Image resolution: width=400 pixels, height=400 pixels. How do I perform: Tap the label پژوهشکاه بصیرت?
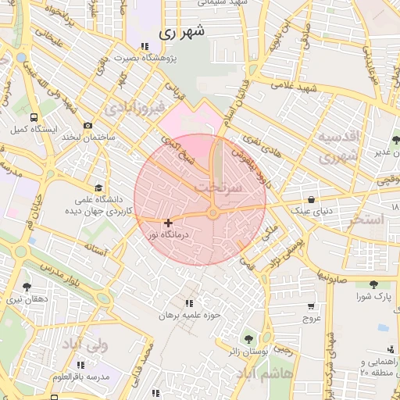coord(148,58)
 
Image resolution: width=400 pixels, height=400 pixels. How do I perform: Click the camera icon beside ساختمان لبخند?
coord(87,125)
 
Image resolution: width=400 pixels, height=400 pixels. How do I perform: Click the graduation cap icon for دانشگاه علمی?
coord(98,188)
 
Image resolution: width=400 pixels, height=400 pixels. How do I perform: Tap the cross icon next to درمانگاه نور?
coord(168,223)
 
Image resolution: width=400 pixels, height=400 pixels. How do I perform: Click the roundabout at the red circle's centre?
coord(212,214)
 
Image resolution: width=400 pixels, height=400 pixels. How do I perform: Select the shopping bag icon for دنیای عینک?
coord(312,199)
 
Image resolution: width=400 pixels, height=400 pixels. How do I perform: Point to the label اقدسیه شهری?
coord(339,145)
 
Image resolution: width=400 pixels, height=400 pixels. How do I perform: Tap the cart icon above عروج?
coord(312,305)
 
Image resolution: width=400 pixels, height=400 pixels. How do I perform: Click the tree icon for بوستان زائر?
coord(248,339)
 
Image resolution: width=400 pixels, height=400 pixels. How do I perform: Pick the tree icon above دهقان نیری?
coord(27,287)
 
